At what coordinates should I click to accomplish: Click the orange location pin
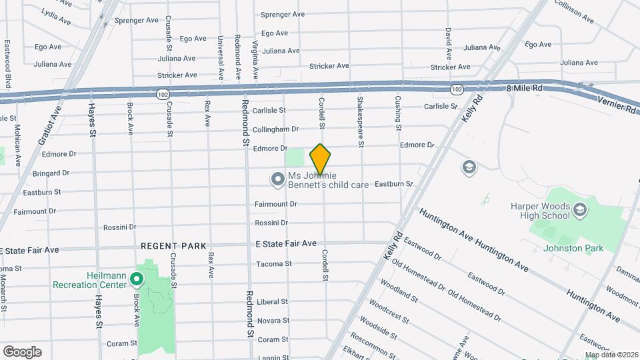321,159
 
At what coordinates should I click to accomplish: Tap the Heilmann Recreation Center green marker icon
137,279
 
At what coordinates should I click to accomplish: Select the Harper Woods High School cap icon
580,211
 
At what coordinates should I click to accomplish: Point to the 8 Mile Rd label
525,88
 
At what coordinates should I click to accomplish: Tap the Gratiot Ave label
51,126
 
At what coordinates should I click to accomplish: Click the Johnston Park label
573,248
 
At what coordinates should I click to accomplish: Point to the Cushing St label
398,113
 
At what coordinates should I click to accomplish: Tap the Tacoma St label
274,264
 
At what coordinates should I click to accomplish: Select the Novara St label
272,321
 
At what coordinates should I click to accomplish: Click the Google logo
22,351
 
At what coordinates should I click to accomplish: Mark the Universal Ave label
220,57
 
